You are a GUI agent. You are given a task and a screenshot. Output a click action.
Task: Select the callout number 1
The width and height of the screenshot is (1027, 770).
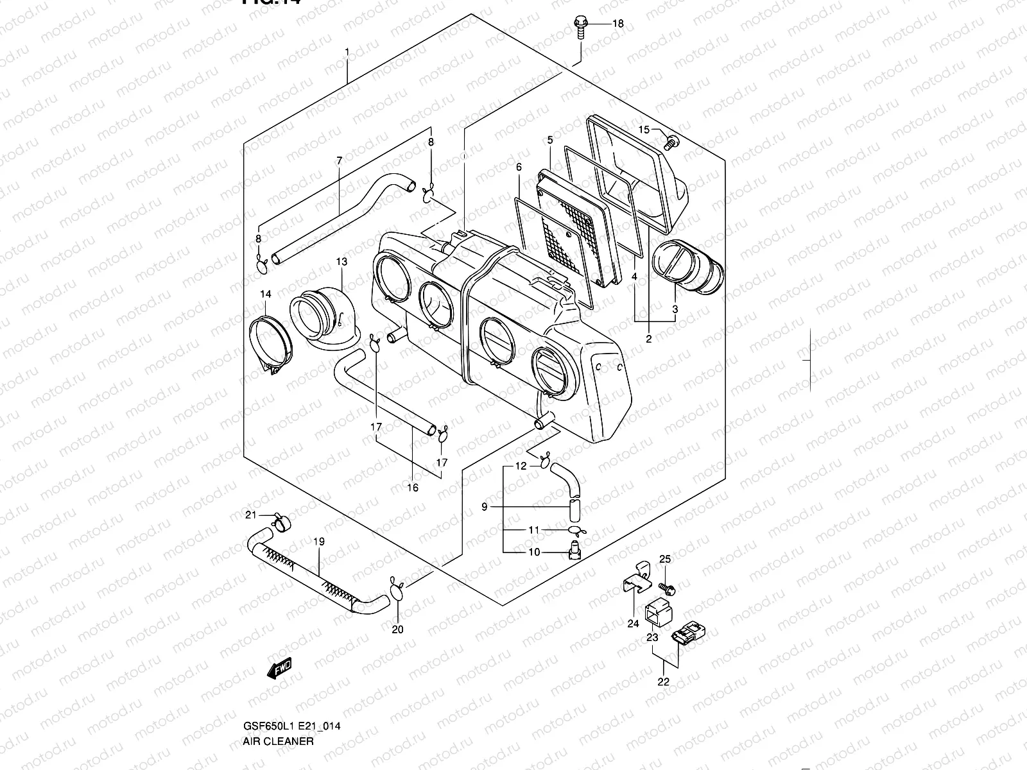point(347,51)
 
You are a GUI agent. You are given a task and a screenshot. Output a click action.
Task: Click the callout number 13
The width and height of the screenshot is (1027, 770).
point(341,262)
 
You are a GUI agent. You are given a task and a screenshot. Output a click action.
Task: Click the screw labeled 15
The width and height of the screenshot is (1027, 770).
point(671,142)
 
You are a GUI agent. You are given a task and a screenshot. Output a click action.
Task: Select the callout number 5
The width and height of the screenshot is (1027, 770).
point(550,140)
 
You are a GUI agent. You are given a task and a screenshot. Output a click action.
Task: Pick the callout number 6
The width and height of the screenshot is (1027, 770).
point(519,167)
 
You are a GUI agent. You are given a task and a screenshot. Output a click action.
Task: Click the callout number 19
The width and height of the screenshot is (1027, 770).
point(319,542)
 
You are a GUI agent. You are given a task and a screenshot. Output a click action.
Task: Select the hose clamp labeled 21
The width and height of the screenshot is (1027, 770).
point(280,521)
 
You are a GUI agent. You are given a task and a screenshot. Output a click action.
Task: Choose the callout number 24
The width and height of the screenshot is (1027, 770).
point(634,622)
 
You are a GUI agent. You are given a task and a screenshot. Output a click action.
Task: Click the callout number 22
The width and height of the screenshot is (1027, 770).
point(664,681)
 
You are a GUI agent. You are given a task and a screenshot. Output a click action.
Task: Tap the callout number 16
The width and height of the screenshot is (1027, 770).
point(413,488)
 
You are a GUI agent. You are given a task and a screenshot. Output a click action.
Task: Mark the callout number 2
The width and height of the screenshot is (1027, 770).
point(648,339)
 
